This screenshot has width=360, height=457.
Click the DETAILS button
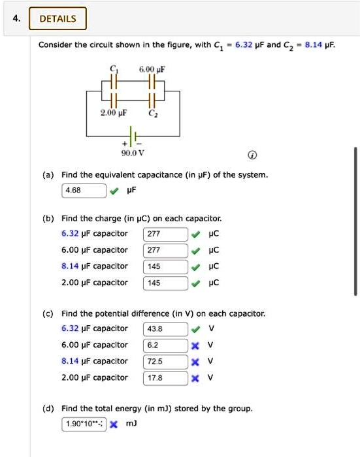58,18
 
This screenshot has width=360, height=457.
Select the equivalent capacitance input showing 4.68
84,191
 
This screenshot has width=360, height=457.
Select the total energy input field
84,424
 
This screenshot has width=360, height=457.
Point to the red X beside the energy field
113,424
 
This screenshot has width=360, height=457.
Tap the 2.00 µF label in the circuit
112,114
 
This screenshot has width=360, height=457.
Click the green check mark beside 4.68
115,191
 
